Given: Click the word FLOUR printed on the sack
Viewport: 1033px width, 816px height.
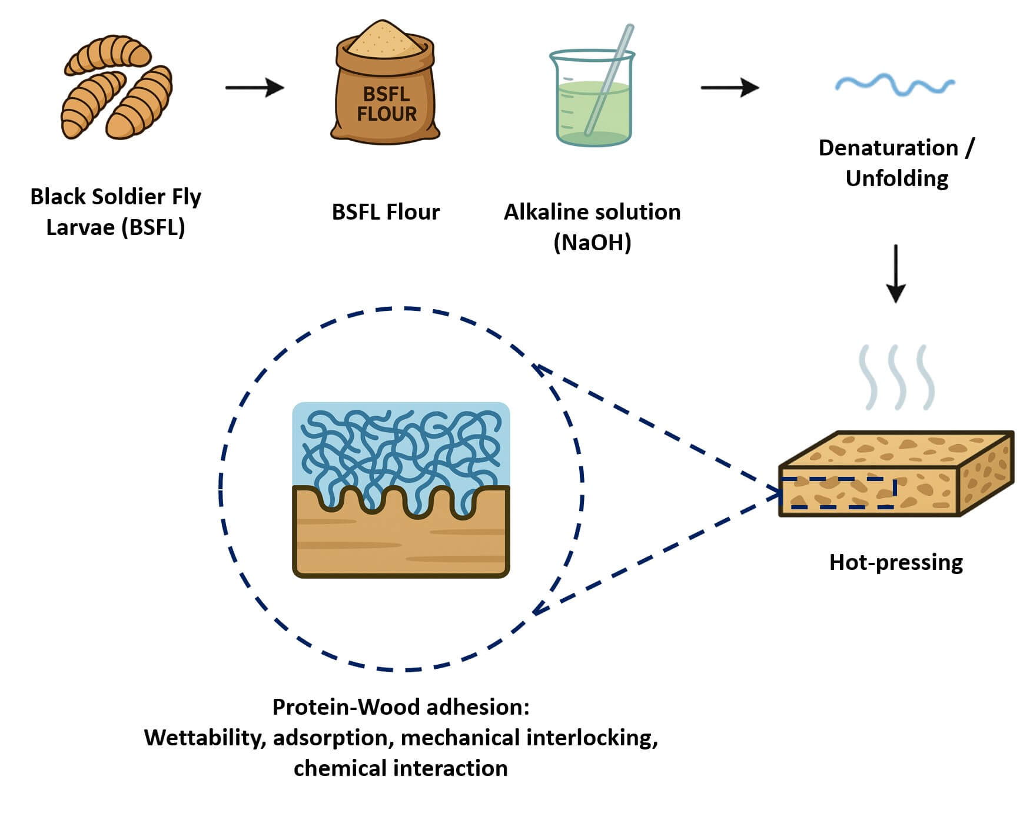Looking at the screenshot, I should click(386, 114).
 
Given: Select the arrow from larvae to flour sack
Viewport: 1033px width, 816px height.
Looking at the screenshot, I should click(254, 88).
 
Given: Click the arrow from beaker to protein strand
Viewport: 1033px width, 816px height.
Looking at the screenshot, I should click(729, 88).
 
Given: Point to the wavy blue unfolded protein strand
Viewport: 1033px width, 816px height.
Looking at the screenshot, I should click(894, 85).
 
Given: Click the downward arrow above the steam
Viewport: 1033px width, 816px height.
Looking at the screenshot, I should click(895, 273).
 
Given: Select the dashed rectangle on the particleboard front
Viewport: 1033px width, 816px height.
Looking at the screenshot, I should click(838, 493).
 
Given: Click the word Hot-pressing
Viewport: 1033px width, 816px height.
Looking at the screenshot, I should click(895, 562).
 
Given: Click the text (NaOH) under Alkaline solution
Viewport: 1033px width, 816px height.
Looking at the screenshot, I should click(592, 242).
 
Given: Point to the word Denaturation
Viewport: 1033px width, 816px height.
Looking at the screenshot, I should click(888, 148).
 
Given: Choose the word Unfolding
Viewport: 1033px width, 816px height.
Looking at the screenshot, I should click(896, 178).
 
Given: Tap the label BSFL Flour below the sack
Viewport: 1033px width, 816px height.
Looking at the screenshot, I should click(386, 212).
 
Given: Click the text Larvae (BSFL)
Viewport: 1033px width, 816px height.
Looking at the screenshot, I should click(115, 227).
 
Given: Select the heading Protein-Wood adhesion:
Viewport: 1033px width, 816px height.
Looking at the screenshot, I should click(400, 706).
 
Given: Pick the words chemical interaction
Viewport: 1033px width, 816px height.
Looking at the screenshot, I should click(400, 768).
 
